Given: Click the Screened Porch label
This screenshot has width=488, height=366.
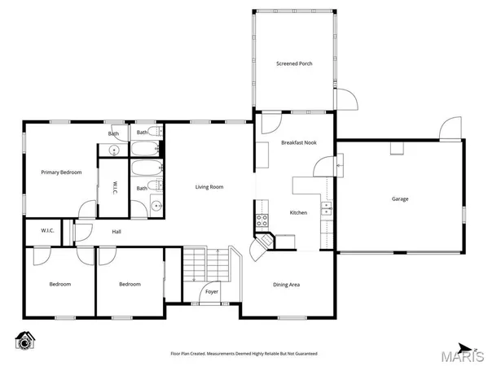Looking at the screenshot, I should pyautogui.click(x=294, y=63).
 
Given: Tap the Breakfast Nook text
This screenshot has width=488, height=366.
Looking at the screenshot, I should pyautogui.click(x=297, y=142).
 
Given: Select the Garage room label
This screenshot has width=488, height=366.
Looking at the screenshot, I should pyautogui.click(x=399, y=198).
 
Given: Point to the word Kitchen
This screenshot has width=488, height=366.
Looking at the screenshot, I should pyautogui.click(x=298, y=213).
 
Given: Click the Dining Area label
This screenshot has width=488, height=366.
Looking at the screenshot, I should pyautogui.click(x=286, y=284).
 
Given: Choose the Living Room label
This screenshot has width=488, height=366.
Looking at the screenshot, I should pyautogui.click(x=209, y=187).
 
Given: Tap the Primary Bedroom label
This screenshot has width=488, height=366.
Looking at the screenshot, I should pyautogui.click(x=61, y=172).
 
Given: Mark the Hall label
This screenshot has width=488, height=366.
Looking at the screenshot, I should pyautogui.click(x=117, y=232).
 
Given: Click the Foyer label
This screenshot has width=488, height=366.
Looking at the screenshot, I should pyautogui.click(x=212, y=290).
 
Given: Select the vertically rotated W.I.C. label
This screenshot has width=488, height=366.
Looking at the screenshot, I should pyautogui.click(x=116, y=187).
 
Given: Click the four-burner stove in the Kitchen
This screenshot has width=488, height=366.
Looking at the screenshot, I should pyautogui.click(x=262, y=219).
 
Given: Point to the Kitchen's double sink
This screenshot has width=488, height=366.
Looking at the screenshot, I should pyautogui.click(x=327, y=209).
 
